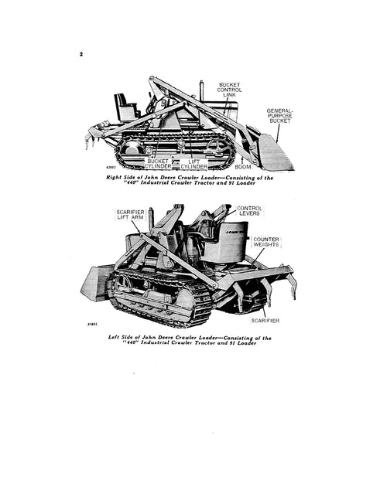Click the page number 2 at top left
[81, 55]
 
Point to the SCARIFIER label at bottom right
[264, 319]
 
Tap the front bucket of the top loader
[275, 152]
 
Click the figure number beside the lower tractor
[92, 326]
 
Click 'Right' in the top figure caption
[117, 177]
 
